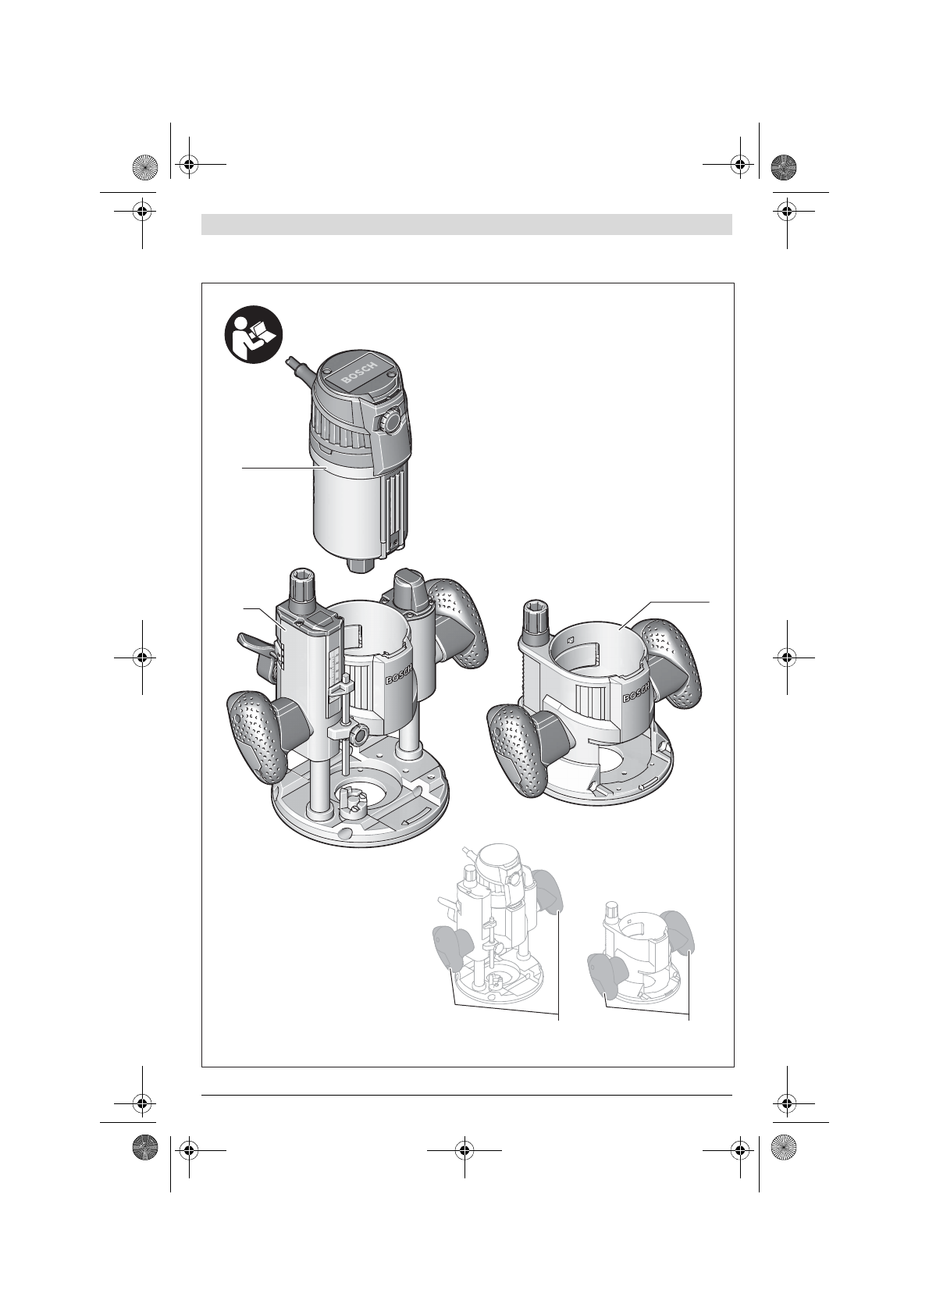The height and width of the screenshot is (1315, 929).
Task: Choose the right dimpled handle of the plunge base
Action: click(x=458, y=623)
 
